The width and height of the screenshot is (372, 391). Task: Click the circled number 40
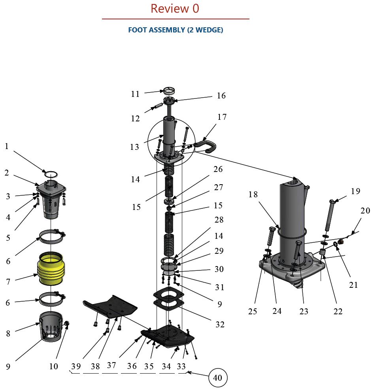(x=217, y=378)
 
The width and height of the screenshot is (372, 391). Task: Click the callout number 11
(x=135, y=94)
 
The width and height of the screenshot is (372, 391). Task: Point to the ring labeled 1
(x=51, y=174)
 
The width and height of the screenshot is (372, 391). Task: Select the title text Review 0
(x=175, y=9)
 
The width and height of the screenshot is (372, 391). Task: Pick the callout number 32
(x=220, y=324)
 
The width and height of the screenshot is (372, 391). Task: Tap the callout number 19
(x=355, y=191)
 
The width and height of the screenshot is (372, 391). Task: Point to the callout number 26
(x=218, y=169)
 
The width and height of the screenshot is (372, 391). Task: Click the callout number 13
(x=134, y=147)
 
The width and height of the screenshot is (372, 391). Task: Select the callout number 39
(x=76, y=366)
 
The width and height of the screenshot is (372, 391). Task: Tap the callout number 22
(x=338, y=311)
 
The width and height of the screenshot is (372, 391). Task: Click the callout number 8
(x=8, y=333)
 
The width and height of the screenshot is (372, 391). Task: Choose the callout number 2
(x=7, y=173)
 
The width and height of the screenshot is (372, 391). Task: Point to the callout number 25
(x=253, y=312)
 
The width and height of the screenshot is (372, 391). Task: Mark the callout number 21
(x=353, y=285)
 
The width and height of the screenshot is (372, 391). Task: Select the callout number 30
(x=219, y=269)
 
